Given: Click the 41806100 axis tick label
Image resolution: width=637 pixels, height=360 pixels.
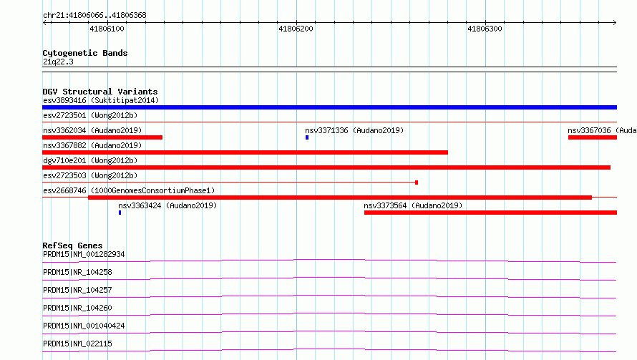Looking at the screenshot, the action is [x=107, y=29].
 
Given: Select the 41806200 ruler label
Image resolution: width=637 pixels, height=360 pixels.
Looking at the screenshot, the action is [x=296, y=29].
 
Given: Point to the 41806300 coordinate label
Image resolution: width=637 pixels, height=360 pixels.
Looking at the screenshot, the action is [x=485, y=29].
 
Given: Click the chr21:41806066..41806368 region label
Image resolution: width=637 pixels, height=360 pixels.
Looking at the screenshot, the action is [x=94, y=15].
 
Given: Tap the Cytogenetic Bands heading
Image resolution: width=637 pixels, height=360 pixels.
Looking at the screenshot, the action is [x=85, y=53].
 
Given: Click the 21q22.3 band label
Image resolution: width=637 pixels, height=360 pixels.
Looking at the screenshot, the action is [x=58, y=62].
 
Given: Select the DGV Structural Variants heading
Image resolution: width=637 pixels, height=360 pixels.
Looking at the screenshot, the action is [x=100, y=92].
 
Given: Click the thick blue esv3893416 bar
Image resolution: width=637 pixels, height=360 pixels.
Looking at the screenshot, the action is [x=329, y=107].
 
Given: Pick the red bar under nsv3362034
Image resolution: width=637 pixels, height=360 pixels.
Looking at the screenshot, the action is [x=102, y=137].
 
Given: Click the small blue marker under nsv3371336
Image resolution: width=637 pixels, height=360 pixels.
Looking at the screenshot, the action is [x=307, y=137].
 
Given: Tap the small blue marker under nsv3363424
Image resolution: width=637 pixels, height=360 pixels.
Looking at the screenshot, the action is [x=120, y=213].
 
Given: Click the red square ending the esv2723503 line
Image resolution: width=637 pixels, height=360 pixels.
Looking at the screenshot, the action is [x=417, y=183].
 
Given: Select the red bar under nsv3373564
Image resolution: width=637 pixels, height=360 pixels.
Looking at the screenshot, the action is [x=491, y=213].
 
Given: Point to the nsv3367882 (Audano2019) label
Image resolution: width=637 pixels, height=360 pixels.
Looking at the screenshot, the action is [x=92, y=145].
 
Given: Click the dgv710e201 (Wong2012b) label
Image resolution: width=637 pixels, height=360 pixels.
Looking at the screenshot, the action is [x=90, y=160].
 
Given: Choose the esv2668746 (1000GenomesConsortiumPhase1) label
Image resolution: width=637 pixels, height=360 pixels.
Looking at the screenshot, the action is [x=129, y=190].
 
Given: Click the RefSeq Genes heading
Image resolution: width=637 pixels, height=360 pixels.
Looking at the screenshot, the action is [x=72, y=245].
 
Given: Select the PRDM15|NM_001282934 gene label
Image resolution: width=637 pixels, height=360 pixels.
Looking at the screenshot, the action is [x=84, y=254].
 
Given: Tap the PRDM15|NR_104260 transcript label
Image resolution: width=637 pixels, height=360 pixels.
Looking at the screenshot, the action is [x=77, y=308].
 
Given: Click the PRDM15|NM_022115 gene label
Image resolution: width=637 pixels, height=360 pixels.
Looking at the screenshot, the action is [x=77, y=344].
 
